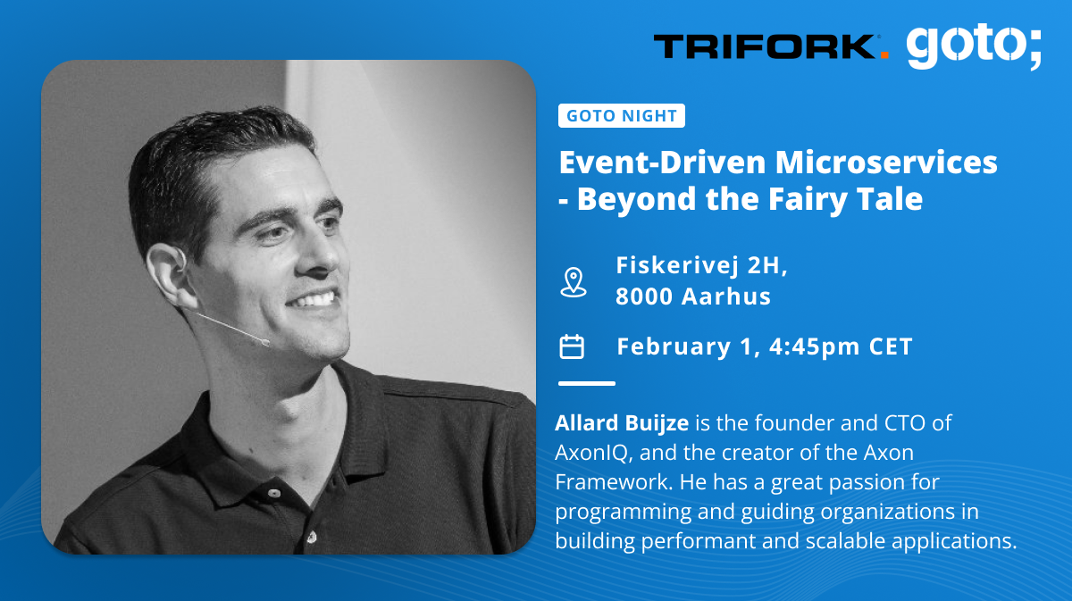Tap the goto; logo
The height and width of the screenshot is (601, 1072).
(x=974, y=46)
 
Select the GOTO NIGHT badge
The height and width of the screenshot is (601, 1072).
(x=622, y=116)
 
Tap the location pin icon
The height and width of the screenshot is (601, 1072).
(x=572, y=281)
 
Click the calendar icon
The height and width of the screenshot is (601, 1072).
(x=572, y=346)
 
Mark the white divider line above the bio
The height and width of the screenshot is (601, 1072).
(x=587, y=383)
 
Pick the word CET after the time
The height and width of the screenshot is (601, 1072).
(x=891, y=346)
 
